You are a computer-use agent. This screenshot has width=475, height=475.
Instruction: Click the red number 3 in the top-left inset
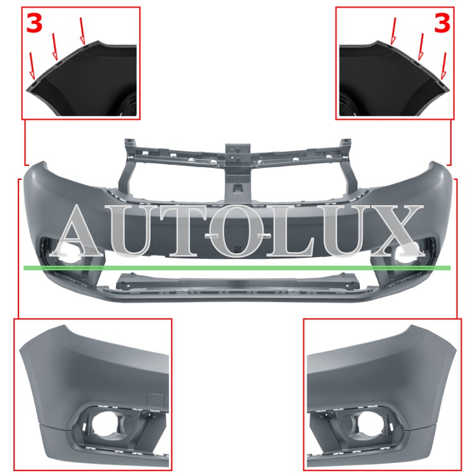34,23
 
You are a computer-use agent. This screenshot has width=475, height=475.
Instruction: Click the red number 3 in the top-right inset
442,23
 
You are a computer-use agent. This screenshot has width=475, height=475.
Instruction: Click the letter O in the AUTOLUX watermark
236,231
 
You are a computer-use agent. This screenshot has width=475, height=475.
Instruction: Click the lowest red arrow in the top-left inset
32,66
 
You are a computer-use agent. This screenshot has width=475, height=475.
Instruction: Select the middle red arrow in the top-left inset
55,47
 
